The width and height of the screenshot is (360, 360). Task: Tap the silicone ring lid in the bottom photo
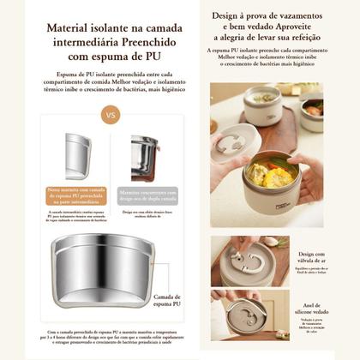(x=245, y=313)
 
